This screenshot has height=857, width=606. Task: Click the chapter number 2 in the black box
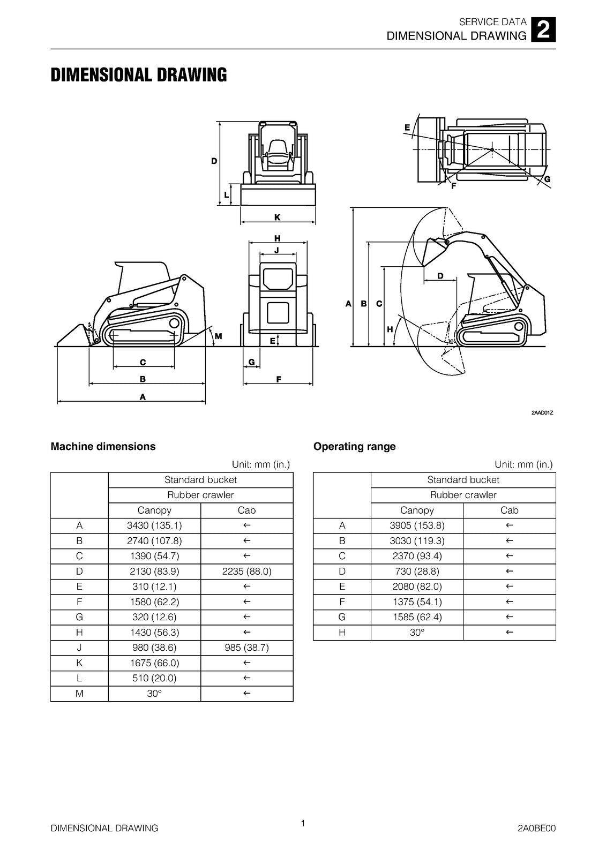click(x=543, y=30)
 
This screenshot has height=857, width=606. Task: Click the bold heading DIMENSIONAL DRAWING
click(x=138, y=75)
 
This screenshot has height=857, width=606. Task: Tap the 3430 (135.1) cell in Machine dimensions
click(x=154, y=525)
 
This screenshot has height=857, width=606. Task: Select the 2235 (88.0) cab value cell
click(x=246, y=572)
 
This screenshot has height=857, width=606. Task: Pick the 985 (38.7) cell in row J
click(x=246, y=648)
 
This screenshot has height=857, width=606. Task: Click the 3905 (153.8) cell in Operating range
click(x=417, y=525)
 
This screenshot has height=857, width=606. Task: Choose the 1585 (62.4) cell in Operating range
click(x=417, y=617)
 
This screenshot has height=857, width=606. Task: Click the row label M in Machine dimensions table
click(x=79, y=694)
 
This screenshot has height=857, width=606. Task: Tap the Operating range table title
click(x=354, y=447)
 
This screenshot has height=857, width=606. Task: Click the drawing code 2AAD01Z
click(x=542, y=412)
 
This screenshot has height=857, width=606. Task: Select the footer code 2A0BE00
click(x=536, y=829)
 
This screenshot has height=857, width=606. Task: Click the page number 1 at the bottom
click(x=303, y=823)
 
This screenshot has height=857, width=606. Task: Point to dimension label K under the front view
click(x=277, y=217)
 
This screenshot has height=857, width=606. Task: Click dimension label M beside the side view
click(x=218, y=336)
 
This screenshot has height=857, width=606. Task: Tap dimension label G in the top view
click(x=547, y=179)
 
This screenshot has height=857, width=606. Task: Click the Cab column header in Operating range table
click(x=509, y=510)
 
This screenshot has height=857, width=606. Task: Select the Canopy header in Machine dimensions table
click(x=154, y=510)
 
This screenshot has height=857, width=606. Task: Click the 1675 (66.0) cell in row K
click(x=154, y=663)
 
